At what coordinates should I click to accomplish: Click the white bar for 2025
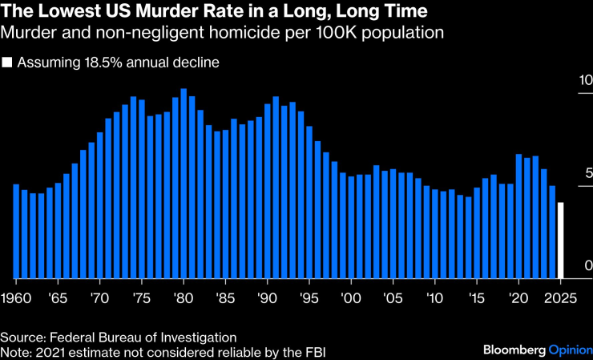[561, 240]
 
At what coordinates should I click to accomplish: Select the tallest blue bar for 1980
[184, 184]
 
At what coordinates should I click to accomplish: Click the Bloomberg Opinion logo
[536, 350]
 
